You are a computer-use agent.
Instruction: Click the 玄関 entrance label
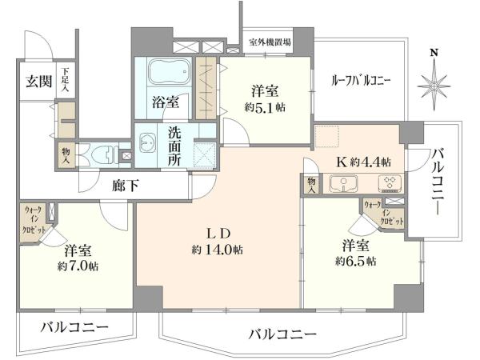pyautogui.click(x=38, y=81)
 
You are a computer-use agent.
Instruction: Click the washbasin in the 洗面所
pyautogui.click(x=147, y=142)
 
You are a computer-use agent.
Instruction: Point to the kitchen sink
pyautogui.click(x=343, y=183)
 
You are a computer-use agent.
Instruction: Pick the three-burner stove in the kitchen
pyautogui.click(x=390, y=182)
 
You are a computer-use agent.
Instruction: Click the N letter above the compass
pyautogui.click(x=434, y=53)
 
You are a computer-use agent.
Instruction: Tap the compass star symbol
pyautogui.click(x=434, y=87)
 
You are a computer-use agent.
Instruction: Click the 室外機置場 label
pyautogui.click(x=270, y=42)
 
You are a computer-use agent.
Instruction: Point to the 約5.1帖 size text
pyautogui.click(x=265, y=107)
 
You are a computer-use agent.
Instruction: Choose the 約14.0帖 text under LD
pyautogui.click(x=218, y=250)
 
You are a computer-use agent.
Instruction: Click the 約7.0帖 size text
pyautogui.click(x=78, y=266)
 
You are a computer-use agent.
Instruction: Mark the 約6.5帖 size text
pyautogui.click(x=355, y=261)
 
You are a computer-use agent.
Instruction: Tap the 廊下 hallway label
pyautogui.click(x=126, y=186)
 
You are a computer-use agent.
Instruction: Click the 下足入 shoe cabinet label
pyautogui.click(x=66, y=81)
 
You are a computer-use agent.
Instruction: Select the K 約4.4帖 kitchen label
pyautogui.click(x=364, y=162)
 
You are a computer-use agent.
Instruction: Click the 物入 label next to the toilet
pyautogui.click(x=66, y=155)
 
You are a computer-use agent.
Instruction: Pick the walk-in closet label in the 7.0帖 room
pyautogui.click(x=34, y=220)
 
